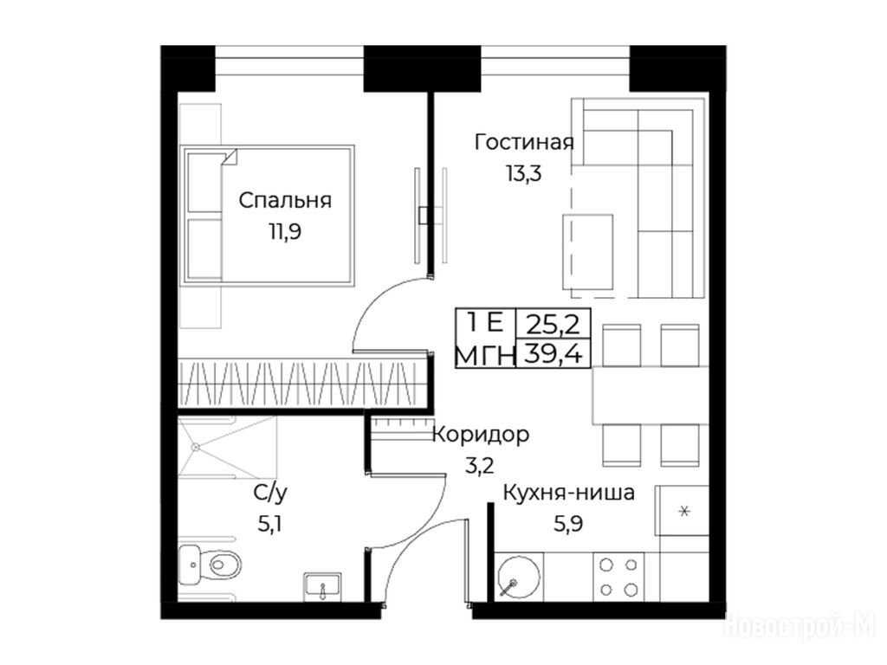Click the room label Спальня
tap(284, 201)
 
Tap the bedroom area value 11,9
tap(284, 231)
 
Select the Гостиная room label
tap(524, 142)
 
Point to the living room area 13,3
tap(523, 173)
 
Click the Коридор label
tap(481, 436)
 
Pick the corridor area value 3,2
tap(480, 466)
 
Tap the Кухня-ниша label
tap(568, 493)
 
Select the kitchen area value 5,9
tap(568, 524)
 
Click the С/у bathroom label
tap(270, 494)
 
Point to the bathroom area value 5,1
tap(270, 524)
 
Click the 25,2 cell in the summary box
tap(554, 324)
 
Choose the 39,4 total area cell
tap(554, 354)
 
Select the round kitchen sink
tap(518, 577)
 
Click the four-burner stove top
tap(618, 578)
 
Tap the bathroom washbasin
tap(322, 586)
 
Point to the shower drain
tap(196, 447)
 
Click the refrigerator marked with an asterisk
tap(683, 511)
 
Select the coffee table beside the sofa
tap(588, 252)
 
